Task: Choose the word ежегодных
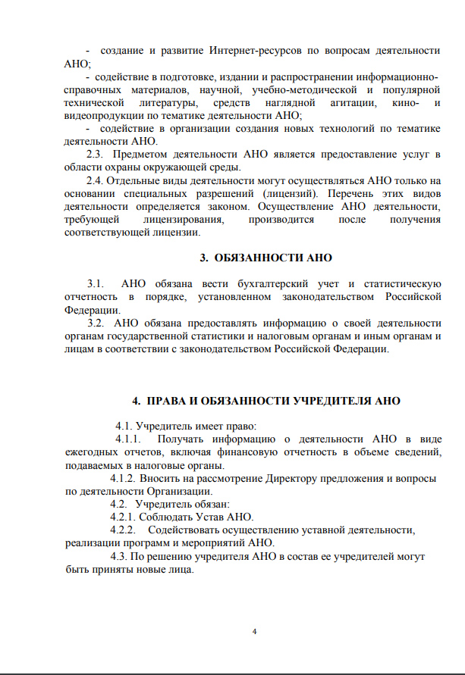point(90,452)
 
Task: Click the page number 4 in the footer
point(254,631)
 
